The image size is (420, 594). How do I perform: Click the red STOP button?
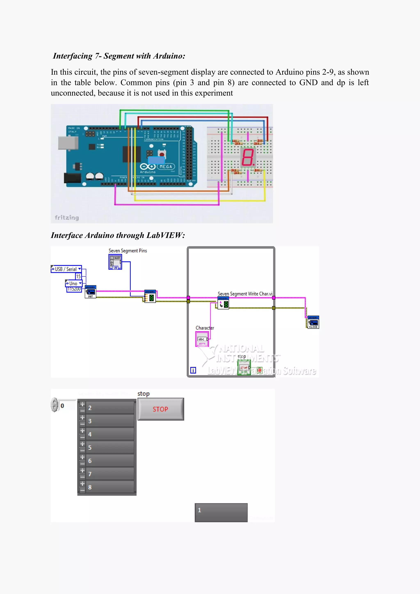pos(161,409)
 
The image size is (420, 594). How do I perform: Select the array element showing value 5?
pos(110,448)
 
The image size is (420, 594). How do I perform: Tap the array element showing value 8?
pos(110,487)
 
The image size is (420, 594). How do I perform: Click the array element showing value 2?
pos(110,408)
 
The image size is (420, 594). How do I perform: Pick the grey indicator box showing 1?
pos(221,512)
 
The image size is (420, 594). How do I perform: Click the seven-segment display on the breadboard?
pos(248,157)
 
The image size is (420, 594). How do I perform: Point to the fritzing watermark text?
pos(67,218)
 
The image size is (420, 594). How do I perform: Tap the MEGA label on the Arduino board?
pos(166,167)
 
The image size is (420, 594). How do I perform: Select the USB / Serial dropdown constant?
pos(66,269)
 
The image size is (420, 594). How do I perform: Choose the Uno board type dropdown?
pos(74,283)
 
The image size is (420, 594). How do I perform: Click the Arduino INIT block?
pos(90,292)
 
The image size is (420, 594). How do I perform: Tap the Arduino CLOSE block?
pos(313,322)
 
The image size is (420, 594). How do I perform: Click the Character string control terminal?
pos(202,339)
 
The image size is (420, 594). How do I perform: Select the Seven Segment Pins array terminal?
pos(115,262)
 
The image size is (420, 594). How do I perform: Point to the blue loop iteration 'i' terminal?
pos(193,370)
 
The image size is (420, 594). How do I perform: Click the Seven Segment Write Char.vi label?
pos(245,294)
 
